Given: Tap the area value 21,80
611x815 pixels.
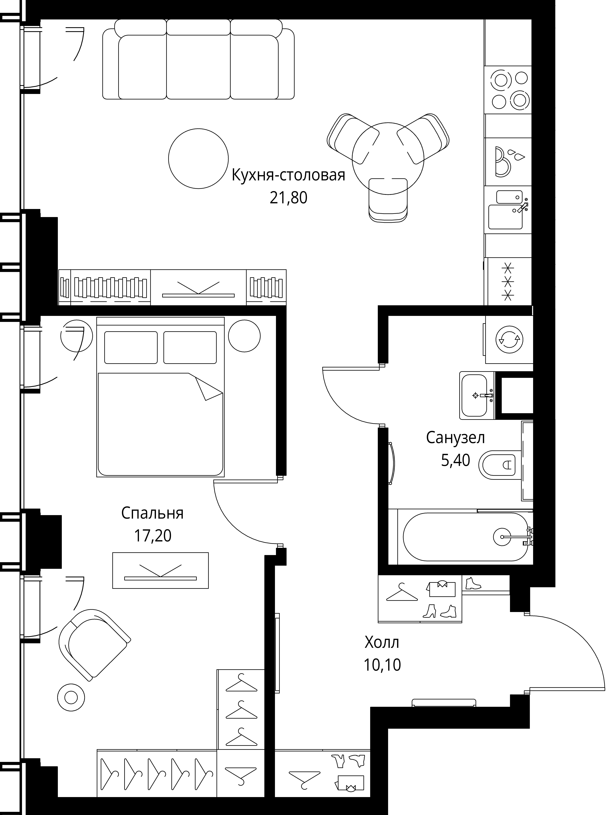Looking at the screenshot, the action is [288, 198].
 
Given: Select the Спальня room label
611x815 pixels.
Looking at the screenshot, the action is [152, 513].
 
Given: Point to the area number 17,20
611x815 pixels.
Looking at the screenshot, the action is [152, 536].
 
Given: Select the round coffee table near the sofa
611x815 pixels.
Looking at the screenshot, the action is [198, 158].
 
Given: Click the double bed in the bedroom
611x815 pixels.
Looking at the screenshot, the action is [161, 397].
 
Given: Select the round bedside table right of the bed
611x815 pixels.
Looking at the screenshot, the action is [244, 336].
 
